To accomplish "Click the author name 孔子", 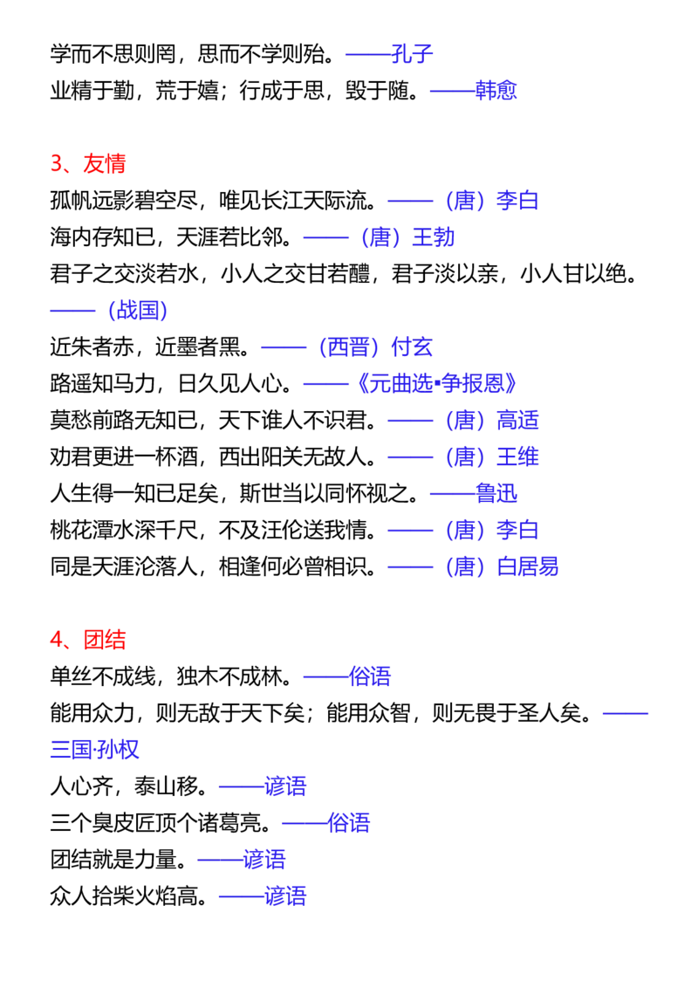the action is point(412,53).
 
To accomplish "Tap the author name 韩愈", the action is point(496,90).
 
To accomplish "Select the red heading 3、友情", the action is point(88,163).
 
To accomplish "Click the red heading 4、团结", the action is point(88,640).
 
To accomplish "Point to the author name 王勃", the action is point(434,237).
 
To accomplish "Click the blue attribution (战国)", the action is point(137,310).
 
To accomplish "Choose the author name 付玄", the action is point(412,346).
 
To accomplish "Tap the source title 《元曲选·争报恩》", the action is point(436,383).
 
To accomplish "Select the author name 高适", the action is point(518,420).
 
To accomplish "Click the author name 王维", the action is point(518,456).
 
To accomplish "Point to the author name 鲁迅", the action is point(496,493).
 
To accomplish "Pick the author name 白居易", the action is point(528,566).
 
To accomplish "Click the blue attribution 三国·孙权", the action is point(95,749).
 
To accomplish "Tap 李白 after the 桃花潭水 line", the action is point(518,530).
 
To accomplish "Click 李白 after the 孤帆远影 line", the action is point(518,201).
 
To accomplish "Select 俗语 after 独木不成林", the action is point(370,676).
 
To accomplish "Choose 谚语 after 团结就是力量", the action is point(264,859).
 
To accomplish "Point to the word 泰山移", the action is point(167,786).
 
